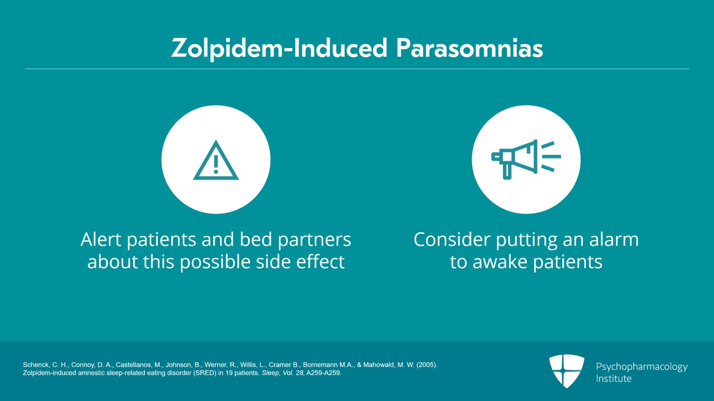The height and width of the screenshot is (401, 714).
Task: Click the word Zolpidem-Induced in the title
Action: click(279, 49)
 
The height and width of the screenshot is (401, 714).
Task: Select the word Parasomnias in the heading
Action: click(469, 49)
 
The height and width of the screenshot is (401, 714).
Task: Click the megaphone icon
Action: click(526, 159)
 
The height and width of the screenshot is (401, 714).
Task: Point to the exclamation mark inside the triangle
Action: click(216, 164)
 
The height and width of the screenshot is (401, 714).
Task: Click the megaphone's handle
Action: click(507, 171)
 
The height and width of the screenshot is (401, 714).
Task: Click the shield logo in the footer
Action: click(566, 371)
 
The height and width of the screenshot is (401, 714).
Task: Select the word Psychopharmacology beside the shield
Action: click(642, 367)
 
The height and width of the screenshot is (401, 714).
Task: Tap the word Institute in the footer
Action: click(614, 378)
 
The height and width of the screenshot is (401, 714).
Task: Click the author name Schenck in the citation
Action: click(35, 365)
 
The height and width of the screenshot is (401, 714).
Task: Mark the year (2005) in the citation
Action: click(427, 365)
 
